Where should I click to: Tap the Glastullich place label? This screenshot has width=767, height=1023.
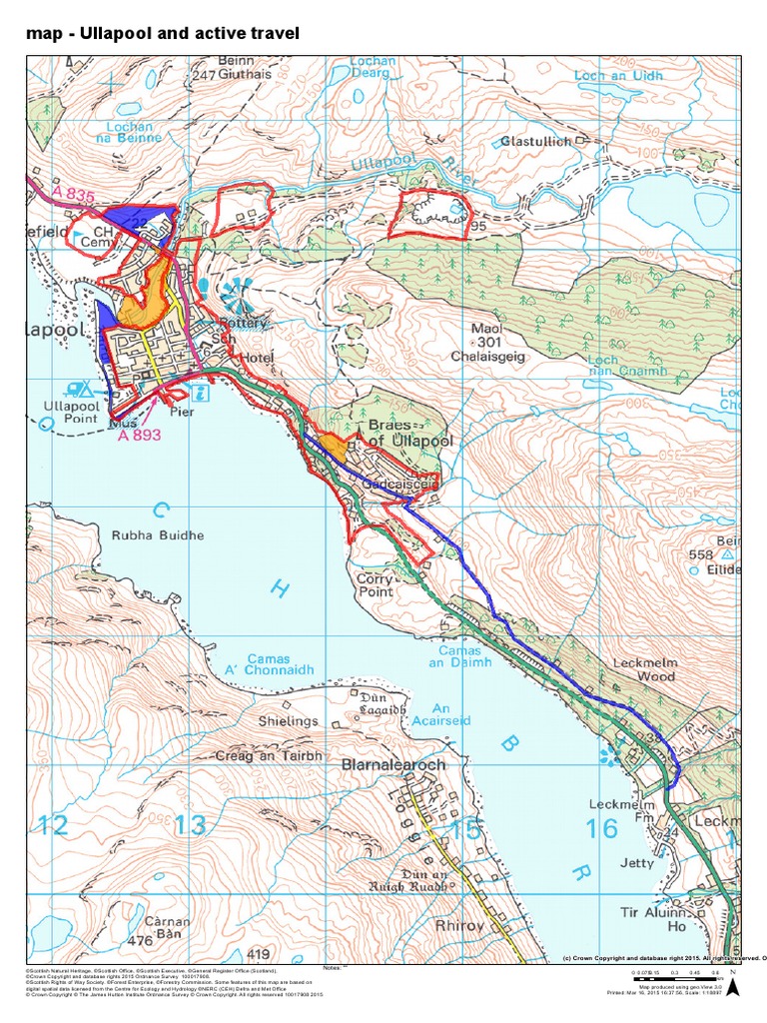536,142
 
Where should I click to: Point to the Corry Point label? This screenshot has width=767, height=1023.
377,585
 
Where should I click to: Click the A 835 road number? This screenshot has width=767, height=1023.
70,198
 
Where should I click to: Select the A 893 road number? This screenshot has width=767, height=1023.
139,436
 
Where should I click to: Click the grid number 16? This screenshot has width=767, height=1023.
601,827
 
